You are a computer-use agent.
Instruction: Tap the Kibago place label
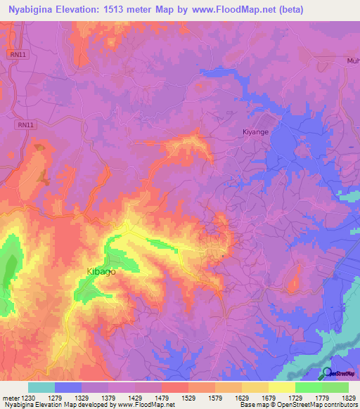[101, 271]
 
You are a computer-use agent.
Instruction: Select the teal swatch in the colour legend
[41, 388]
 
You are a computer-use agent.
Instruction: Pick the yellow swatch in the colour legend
[281, 388]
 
